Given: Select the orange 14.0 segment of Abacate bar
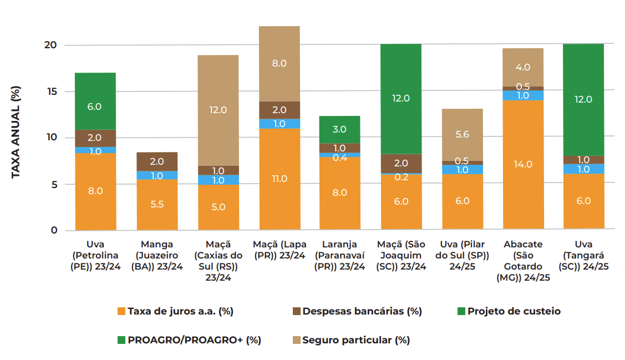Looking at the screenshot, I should (x=523, y=164).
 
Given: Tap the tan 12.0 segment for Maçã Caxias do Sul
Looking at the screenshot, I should (x=218, y=110).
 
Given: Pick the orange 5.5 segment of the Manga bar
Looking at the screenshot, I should (x=157, y=204).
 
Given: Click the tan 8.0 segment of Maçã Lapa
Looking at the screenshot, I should (x=279, y=64).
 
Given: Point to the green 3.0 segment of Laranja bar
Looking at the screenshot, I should (x=339, y=129).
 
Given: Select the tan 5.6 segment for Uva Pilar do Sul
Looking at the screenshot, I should (x=462, y=134).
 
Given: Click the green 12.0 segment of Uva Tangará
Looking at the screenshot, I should (x=583, y=100).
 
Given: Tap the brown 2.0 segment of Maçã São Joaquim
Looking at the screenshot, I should (x=401, y=163).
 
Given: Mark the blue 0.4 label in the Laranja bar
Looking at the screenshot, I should (x=339, y=157).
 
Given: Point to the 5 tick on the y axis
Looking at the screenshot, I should (x=54, y=184).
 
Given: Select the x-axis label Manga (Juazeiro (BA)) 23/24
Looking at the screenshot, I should (x=157, y=255).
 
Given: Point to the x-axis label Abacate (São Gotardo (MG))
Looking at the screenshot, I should (x=523, y=261).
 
